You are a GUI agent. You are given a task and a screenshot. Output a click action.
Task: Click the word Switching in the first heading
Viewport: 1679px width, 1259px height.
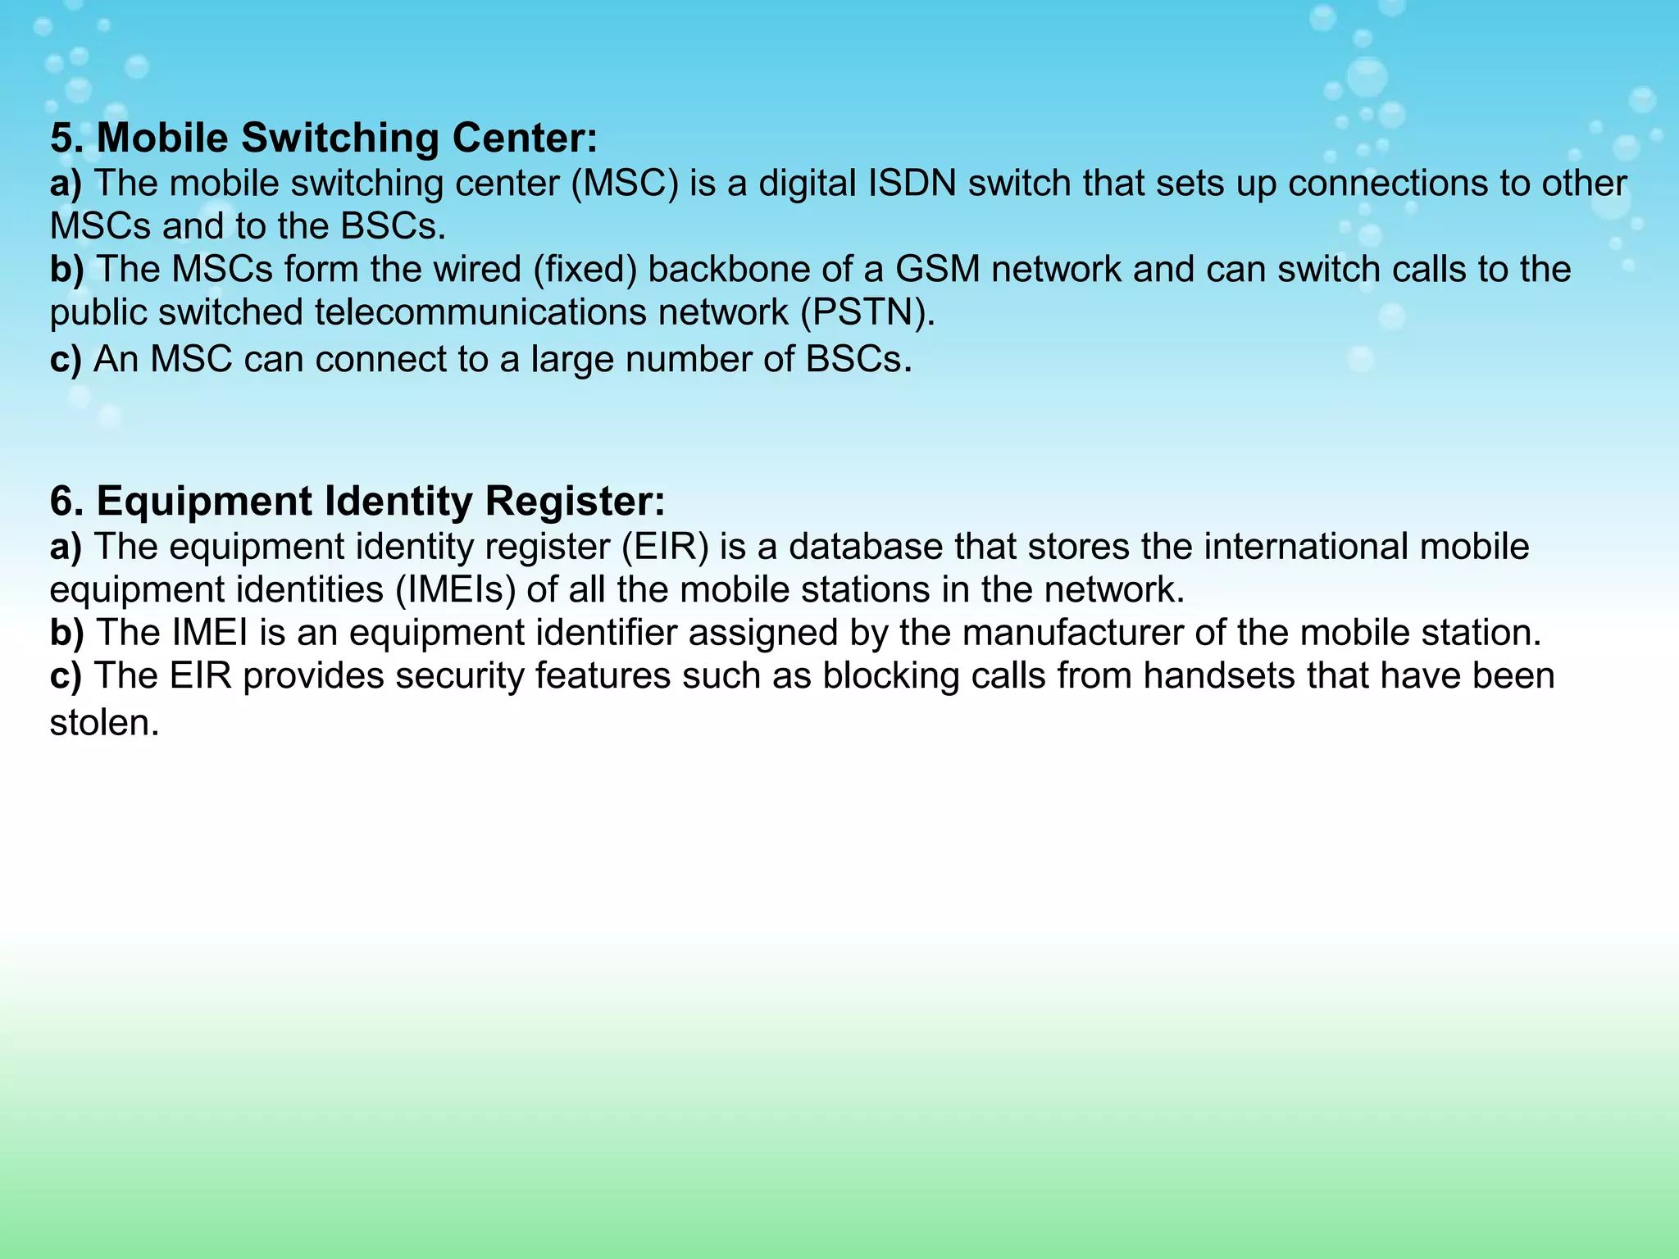(339, 138)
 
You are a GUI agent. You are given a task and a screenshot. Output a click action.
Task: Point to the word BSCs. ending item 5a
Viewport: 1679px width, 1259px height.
(393, 226)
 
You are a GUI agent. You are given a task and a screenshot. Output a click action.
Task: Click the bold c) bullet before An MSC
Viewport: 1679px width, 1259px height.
(66, 359)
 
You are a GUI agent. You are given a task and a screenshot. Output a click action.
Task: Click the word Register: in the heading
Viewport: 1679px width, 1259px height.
(574, 501)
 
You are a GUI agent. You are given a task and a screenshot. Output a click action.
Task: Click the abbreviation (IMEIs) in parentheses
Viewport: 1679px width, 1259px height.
(455, 590)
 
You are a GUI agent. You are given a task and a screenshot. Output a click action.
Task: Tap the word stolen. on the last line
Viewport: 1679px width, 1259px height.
(104, 723)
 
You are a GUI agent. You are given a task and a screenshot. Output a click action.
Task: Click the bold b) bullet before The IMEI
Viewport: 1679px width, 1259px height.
(66, 633)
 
